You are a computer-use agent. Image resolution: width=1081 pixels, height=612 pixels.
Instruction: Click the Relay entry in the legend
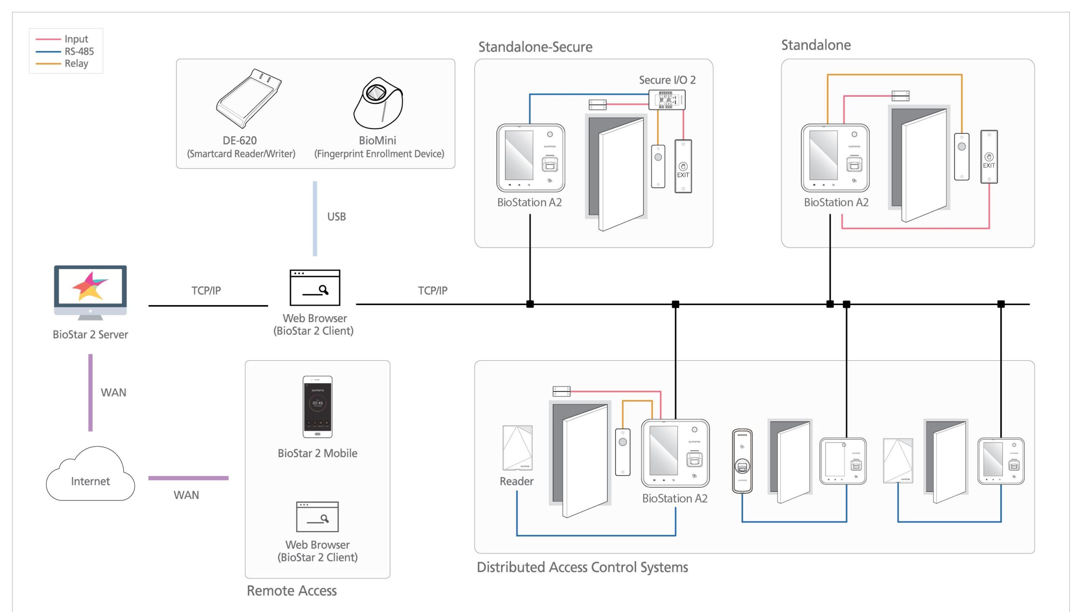[x=76, y=64]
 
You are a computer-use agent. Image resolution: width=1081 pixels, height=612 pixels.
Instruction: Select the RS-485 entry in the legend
[x=79, y=51]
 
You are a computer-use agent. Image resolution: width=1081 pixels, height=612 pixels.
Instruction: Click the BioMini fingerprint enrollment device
[x=378, y=103]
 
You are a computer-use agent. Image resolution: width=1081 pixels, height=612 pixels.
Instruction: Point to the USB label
[x=337, y=217]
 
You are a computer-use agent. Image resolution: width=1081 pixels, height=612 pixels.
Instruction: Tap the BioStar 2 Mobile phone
[x=318, y=407]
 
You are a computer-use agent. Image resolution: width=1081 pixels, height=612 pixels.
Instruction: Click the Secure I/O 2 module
[x=667, y=100]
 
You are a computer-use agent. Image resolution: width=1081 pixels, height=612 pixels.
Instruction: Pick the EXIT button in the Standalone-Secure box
[x=683, y=166]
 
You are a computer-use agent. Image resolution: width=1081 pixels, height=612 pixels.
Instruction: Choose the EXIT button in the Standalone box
[x=989, y=157]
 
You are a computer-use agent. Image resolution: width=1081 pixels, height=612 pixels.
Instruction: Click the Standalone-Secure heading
[x=535, y=47]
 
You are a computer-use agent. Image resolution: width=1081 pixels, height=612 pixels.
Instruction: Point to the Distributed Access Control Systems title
[x=582, y=567]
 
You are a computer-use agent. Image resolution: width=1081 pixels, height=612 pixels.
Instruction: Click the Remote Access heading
[x=292, y=591]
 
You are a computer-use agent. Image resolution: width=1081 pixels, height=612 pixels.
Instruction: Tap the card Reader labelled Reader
[x=517, y=448]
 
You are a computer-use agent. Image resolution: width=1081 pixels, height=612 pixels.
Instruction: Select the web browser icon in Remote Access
[x=318, y=517]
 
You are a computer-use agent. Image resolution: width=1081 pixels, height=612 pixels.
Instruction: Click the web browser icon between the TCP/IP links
[x=315, y=287]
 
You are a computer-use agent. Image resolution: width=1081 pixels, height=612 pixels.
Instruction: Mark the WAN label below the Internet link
[x=186, y=495]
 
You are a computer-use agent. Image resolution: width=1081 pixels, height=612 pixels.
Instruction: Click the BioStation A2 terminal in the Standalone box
[x=835, y=158]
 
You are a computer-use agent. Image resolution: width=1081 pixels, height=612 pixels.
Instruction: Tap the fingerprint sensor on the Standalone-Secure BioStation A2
[x=549, y=164]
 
